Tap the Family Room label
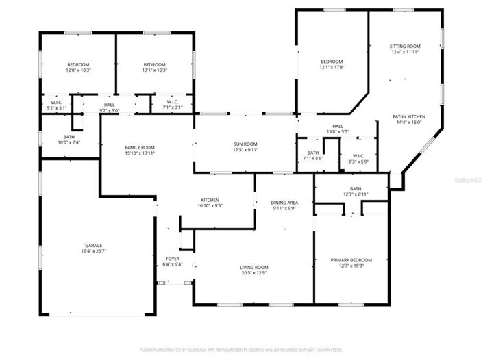[x=139, y=147]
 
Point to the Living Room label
[x=253, y=267]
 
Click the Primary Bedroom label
[x=351, y=260]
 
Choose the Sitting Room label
[x=406, y=46]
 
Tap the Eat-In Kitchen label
[x=409, y=117]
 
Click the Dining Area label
[x=284, y=203]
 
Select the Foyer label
[x=172, y=259]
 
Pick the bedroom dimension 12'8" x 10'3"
[x=79, y=70]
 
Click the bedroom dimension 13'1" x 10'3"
[x=154, y=70]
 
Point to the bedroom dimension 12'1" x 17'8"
[x=332, y=67]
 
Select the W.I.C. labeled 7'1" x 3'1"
[x=172, y=107]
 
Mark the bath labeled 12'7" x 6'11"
[x=355, y=194]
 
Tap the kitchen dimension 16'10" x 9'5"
[x=210, y=205]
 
